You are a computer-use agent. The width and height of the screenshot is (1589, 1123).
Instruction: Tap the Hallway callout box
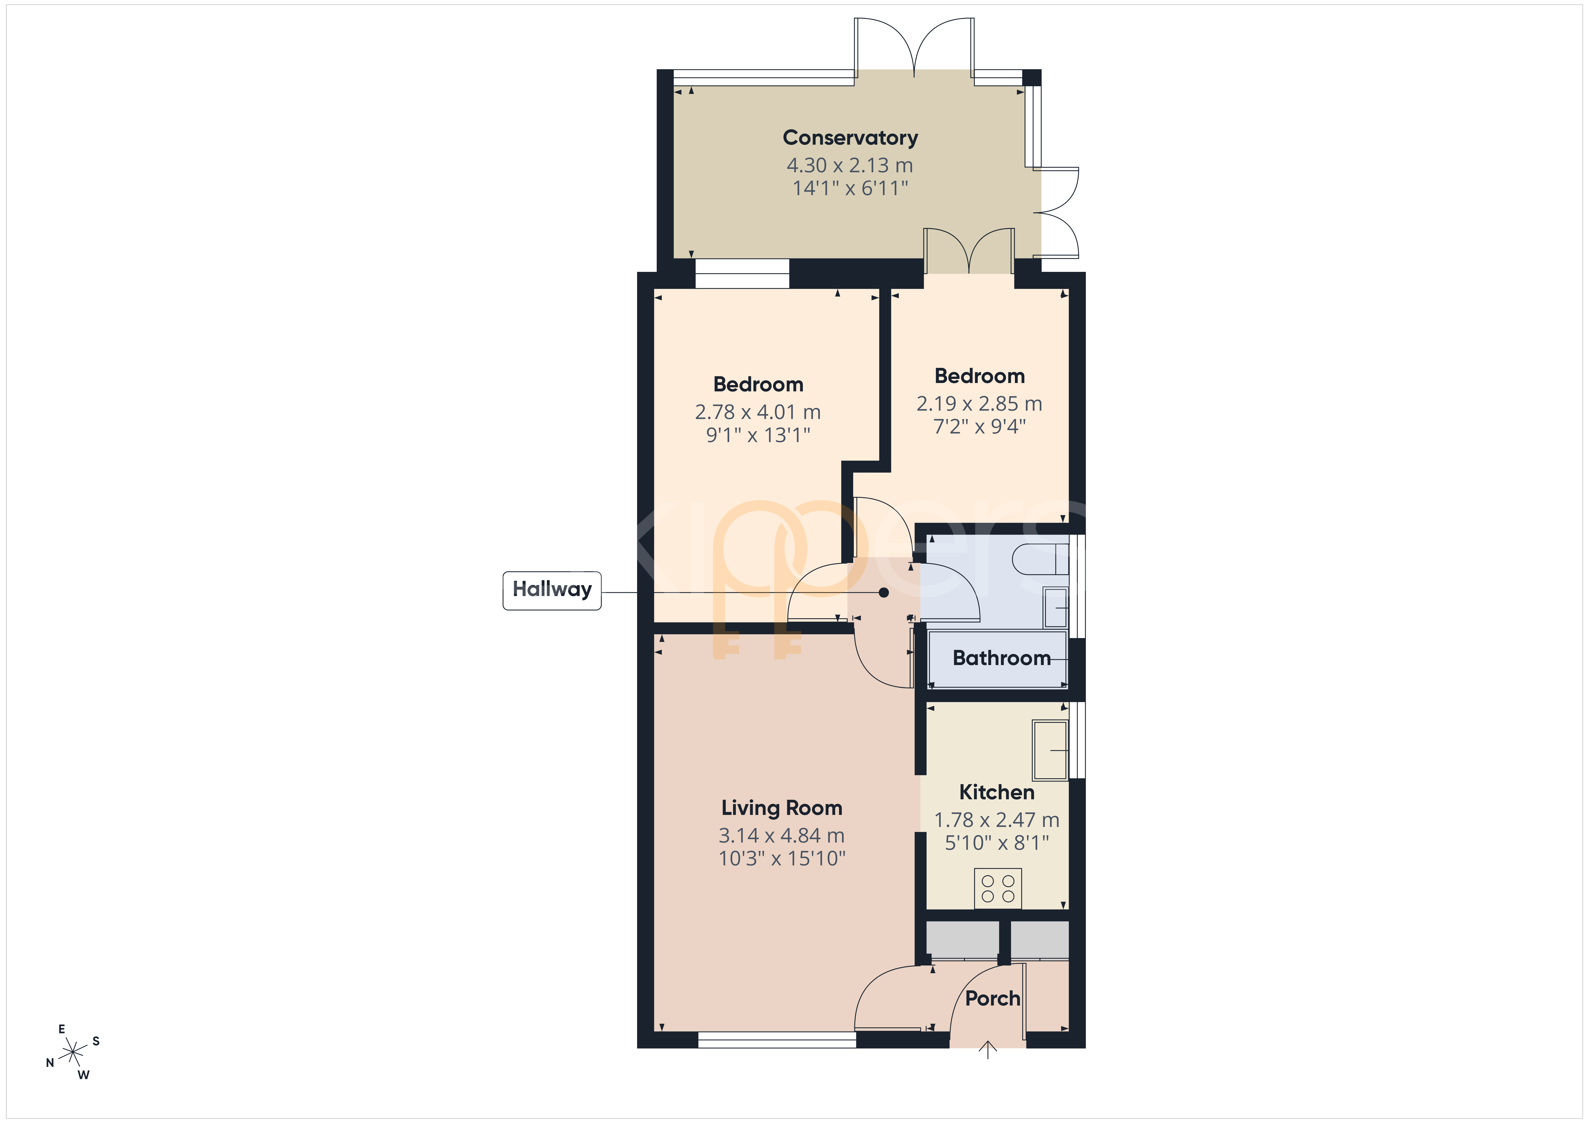551,590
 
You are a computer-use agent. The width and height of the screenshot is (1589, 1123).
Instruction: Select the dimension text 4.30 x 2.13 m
850,165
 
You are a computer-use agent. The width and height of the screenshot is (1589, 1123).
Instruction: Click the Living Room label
781,808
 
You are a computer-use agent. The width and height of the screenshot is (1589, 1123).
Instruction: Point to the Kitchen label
997,792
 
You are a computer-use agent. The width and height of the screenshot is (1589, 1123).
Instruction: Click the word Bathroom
1002,658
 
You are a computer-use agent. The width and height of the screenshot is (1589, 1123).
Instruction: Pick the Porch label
992,998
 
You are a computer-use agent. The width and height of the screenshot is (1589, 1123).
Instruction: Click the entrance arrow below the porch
988,1050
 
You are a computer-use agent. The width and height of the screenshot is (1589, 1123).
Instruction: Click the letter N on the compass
50,1063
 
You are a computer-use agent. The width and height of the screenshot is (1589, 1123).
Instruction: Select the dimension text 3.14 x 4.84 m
781,836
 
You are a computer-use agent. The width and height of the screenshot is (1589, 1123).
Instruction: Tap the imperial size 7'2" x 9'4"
979,426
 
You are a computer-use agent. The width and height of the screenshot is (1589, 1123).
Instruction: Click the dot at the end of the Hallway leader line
884,592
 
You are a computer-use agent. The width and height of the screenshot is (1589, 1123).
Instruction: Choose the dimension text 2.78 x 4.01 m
758,412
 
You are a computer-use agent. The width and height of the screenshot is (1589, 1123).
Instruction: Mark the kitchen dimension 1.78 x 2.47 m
997,820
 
